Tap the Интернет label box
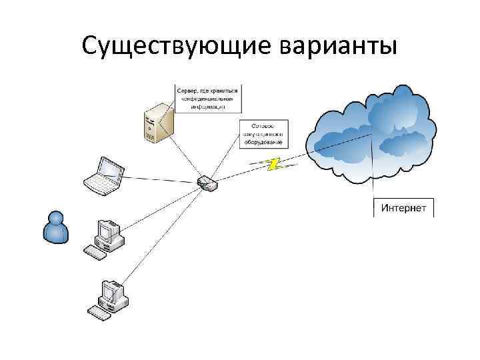coord(403,208)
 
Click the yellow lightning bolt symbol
coord(271,163)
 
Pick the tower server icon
coord(156,121)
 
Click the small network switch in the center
coord(206,183)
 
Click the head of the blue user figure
coord(55,217)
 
